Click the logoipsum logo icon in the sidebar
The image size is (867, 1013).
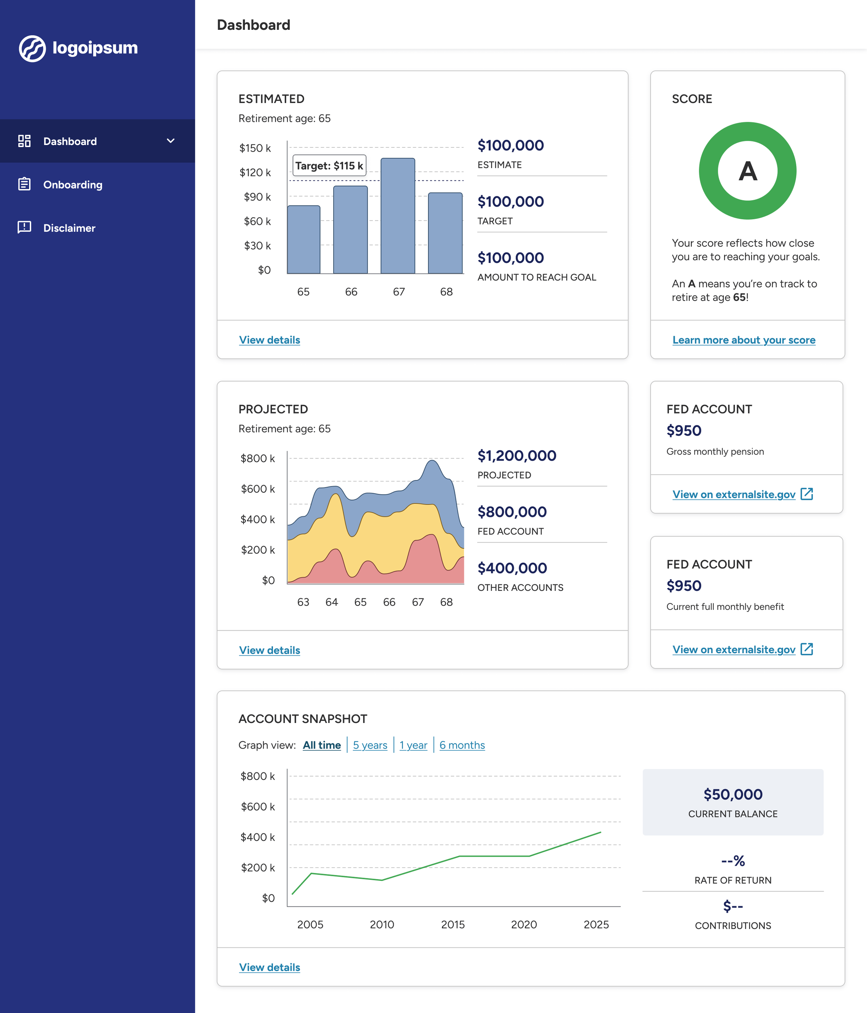click(32, 49)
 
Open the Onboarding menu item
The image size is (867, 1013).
click(72, 185)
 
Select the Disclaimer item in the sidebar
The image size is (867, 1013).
click(69, 228)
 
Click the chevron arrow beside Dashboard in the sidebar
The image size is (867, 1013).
click(171, 141)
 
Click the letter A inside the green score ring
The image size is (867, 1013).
click(747, 171)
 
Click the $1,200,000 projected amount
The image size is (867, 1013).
click(517, 456)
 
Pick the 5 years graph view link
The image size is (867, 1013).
click(370, 745)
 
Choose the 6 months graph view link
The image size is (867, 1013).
click(462, 745)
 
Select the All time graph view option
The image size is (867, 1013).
click(321, 745)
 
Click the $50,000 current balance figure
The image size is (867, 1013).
click(732, 794)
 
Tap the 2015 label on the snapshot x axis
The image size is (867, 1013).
click(453, 925)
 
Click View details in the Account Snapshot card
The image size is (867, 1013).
click(269, 967)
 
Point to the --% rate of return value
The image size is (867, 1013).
click(732, 860)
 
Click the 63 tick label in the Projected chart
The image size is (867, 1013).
click(303, 602)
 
